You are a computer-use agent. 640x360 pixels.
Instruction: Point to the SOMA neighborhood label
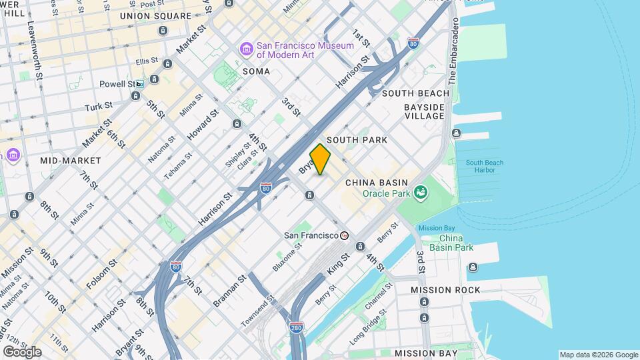256,71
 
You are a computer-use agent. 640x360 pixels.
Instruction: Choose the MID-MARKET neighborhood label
71,161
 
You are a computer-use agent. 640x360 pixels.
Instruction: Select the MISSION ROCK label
445,290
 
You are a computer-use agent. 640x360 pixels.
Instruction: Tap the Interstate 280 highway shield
297,328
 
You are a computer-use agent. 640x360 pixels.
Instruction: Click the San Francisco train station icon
344,235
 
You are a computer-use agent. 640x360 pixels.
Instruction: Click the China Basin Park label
456,243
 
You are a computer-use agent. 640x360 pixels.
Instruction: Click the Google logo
22,352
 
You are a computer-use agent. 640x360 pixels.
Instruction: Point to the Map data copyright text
598,355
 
